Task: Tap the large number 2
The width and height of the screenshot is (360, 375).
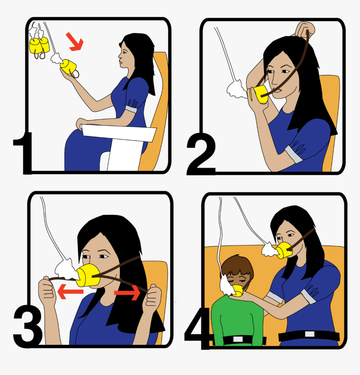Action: pos(201,155)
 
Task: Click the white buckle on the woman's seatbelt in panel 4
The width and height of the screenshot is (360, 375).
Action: pos(310,334)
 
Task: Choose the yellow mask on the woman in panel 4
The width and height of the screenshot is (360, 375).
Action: pos(285,250)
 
